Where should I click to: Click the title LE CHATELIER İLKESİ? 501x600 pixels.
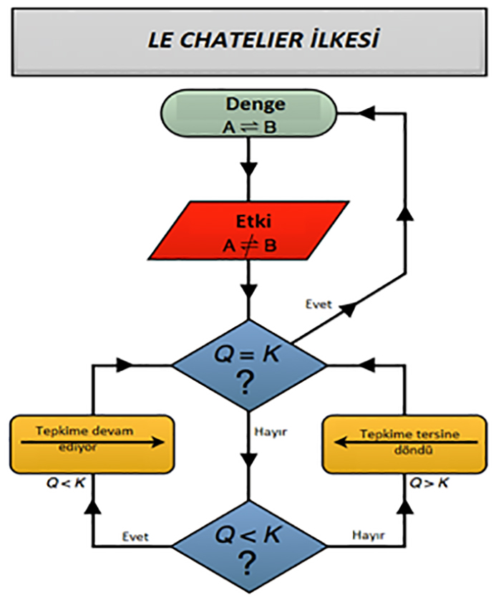tap(251, 41)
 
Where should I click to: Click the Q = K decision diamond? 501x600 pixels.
tap(248, 365)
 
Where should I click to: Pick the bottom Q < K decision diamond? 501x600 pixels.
tap(248, 548)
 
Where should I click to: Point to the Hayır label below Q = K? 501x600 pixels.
tap(271, 432)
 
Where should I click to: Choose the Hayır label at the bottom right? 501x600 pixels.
tap(367, 535)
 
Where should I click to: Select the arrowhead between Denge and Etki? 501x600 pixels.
tap(248, 172)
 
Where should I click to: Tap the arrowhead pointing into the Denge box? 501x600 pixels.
tap(366, 113)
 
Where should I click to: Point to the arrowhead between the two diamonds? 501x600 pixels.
tap(248, 458)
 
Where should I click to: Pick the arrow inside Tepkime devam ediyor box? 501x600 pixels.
tap(92, 442)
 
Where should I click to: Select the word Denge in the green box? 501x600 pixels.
tap(256, 104)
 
